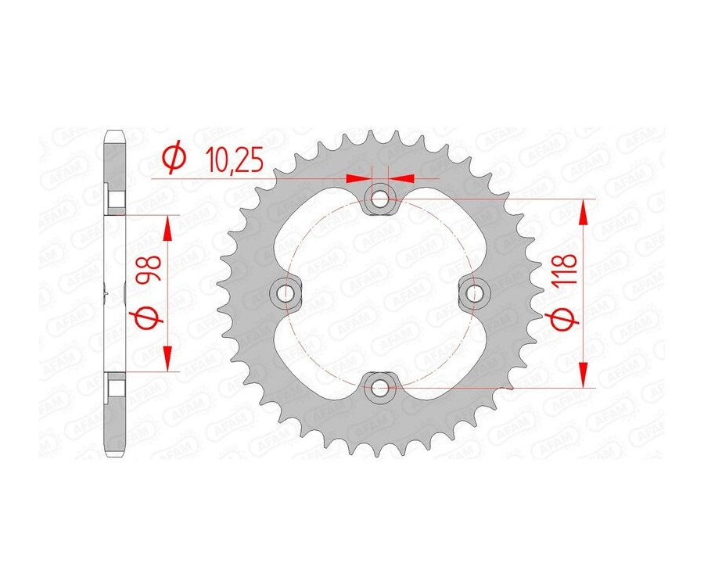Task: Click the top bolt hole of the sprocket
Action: [x=379, y=199]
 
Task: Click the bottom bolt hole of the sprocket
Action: [x=379, y=386]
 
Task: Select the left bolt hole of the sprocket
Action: [x=286, y=293]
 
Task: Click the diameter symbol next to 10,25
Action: [x=174, y=159]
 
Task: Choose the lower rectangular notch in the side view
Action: [x=115, y=385]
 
